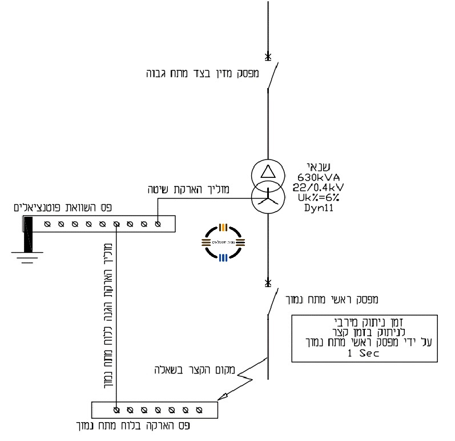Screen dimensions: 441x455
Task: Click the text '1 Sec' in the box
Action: coord(365,353)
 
